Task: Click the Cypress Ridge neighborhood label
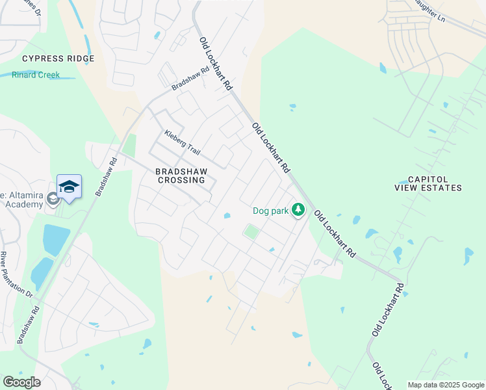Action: coord(58,58)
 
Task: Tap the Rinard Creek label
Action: coord(36,75)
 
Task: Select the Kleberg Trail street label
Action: coord(182,142)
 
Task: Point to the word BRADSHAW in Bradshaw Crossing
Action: coord(181,172)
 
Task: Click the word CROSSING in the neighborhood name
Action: coord(181,180)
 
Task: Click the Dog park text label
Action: coord(270,211)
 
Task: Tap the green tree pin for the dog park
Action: coord(298,209)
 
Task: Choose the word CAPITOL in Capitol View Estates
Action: coord(427,179)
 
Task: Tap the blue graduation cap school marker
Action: coord(69,187)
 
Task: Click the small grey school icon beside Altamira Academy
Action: coord(53,199)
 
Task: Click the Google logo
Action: coord(21,382)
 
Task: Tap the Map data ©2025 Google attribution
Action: coord(445,385)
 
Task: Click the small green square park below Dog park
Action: coord(251,231)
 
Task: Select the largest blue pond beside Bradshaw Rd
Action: coord(56,239)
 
